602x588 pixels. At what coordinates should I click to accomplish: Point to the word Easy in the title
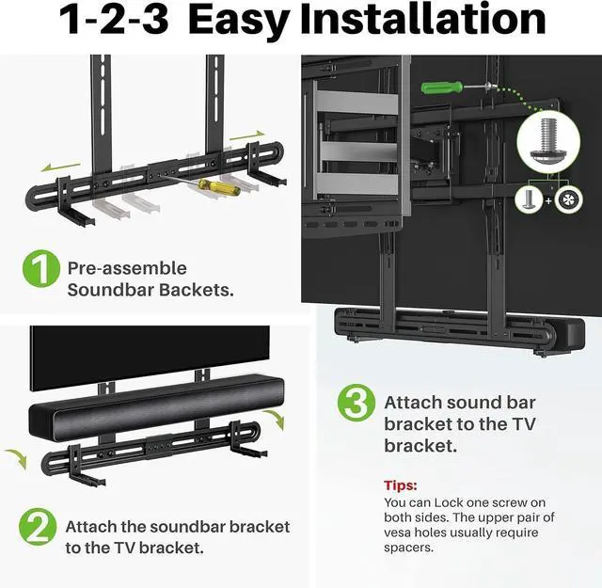(x=241, y=21)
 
